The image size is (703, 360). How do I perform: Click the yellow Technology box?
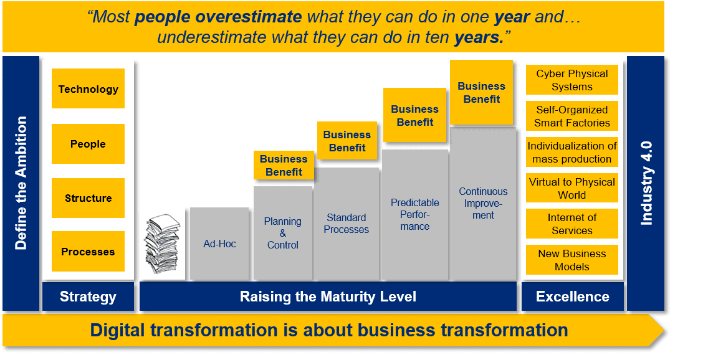[88, 88]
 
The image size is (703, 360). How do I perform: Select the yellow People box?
[88, 144]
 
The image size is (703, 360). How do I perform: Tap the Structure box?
[88, 198]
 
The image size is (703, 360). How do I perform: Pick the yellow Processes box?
[88, 252]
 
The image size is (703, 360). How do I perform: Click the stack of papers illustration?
[162, 244]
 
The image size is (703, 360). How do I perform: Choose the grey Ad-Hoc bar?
[219, 244]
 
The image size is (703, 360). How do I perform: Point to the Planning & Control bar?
[283, 233]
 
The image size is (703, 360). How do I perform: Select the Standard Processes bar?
[347, 224]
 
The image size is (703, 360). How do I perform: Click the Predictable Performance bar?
[414, 215]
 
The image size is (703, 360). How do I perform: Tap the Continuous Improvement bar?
[483, 204]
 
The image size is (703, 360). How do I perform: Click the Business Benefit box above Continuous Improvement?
[482, 92]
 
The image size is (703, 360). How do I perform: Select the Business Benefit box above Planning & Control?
[284, 166]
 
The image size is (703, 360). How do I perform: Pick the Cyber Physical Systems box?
[572, 80]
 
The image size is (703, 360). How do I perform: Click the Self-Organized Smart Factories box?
[572, 116]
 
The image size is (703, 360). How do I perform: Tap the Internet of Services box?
[572, 224]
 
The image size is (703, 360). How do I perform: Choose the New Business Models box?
[572, 260]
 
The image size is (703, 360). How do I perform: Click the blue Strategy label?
[88, 296]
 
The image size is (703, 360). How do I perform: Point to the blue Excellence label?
[573, 296]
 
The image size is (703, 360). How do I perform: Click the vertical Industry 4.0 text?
[646, 183]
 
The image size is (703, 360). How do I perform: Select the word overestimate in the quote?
[249, 17]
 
